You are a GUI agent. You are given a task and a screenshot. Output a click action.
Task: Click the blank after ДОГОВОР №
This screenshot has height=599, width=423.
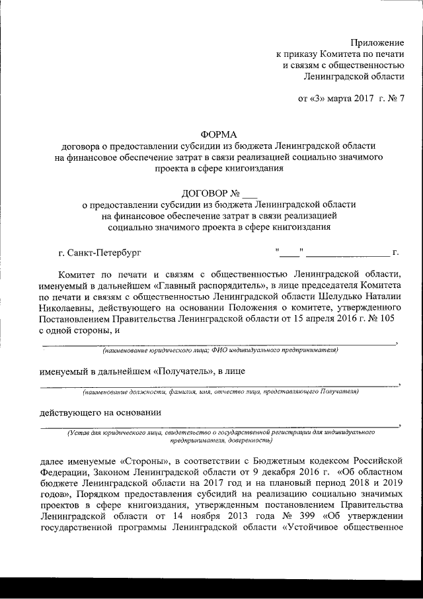tap(249, 194)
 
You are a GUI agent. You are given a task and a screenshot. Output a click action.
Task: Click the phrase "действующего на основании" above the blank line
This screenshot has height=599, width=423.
tap(100, 412)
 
